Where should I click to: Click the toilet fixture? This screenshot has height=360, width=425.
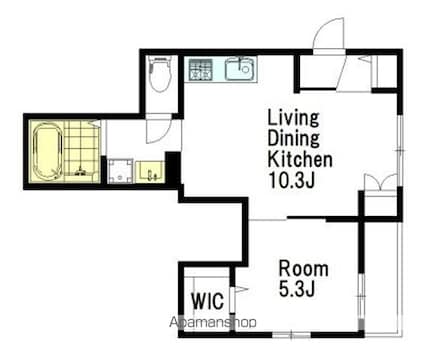[x=160, y=74]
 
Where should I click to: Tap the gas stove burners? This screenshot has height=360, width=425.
[x=201, y=69]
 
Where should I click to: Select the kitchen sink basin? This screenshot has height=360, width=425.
[x=240, y=69]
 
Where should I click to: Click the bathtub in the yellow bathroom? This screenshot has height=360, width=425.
[x=48, y=152]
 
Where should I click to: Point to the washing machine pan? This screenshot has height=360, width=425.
[x=120, y=171]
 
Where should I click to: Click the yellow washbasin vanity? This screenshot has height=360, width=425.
[x=150, y=172]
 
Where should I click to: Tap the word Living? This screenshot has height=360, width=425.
[x=293, y=118]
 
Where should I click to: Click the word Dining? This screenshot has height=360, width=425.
[x=293, y=138]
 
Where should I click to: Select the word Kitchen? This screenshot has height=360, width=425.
[x=300, y=160]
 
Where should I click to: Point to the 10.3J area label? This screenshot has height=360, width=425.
[x=291, y=180]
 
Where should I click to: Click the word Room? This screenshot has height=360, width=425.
[x=303, y=268]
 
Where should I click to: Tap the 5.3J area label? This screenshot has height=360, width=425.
[x=297, y=288]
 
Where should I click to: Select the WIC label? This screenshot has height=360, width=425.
[x=207, y=301]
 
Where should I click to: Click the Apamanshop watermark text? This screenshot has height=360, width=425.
[x=213, y=322]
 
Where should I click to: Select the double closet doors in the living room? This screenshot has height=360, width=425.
[x=380, y=182]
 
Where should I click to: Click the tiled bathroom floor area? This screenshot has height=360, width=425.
[x=82, y=152]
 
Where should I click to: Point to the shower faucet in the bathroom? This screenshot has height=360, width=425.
[x=80, y=171]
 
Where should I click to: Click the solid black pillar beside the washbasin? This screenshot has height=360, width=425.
[x=173, y=168]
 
